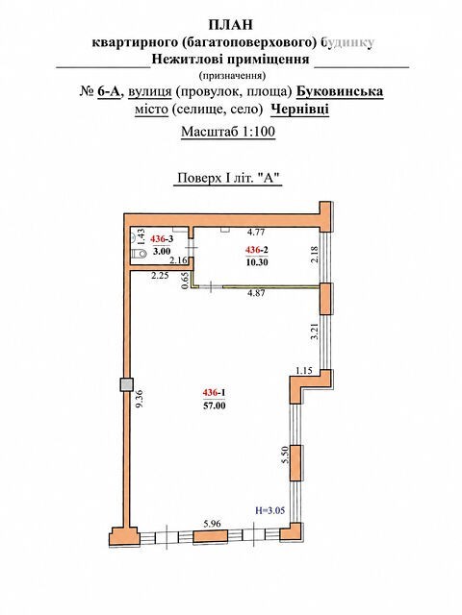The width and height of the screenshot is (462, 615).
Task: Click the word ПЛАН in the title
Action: (231, 25)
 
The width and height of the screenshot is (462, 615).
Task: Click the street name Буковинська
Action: (340, 91)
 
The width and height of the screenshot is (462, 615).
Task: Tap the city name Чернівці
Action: (299, 109)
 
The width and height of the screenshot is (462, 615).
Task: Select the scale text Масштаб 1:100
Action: (228, 132)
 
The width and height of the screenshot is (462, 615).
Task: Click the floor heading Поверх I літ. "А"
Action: (228, 178)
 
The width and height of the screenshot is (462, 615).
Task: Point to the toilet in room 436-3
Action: (140, 254)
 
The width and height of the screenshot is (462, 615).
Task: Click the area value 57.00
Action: (214, 406)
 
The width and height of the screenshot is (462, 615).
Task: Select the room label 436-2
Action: (257, 250)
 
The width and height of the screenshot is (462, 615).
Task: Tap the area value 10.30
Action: (257, 262)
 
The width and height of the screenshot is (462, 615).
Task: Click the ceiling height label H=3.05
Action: (269, 510)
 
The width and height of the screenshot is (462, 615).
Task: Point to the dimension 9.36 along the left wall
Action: (140, 398)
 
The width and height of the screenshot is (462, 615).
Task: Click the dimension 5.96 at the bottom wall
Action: (212, 524)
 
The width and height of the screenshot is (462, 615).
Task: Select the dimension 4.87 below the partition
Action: (256, 292)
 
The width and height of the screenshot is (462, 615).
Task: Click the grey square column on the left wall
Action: (126, 384)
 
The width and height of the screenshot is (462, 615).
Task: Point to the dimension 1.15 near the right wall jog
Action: (304, 370)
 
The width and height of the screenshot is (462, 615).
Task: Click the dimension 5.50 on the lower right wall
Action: (286, 455)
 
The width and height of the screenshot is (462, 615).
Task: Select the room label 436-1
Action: (214, 393)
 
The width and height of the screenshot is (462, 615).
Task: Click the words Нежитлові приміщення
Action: (231, 60)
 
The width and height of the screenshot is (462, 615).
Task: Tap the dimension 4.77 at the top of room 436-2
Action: (256, 232)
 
